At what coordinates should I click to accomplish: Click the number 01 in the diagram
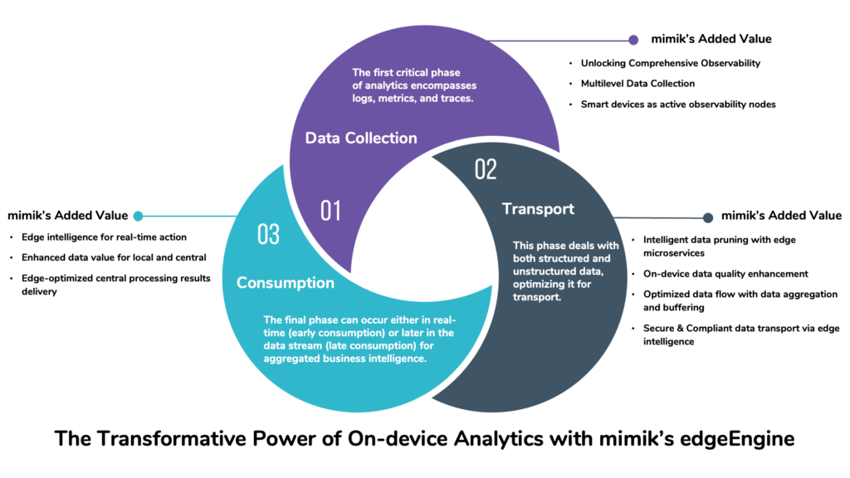[x=330, y=211]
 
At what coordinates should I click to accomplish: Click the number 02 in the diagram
[x=486, y=169]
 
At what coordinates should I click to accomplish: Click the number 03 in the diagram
[x=268, y=235]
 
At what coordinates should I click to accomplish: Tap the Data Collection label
[x=361, y=138]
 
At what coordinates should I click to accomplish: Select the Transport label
[x=538, y=208]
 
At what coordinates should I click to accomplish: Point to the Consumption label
[x=286, y=283]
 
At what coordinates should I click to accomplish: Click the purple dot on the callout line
[x=633, y=39]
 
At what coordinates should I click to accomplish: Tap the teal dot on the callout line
[x=138, y=216]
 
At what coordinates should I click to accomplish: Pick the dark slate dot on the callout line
[x=708, y=217]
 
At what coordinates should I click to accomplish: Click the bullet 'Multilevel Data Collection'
[x=637, y=83]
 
